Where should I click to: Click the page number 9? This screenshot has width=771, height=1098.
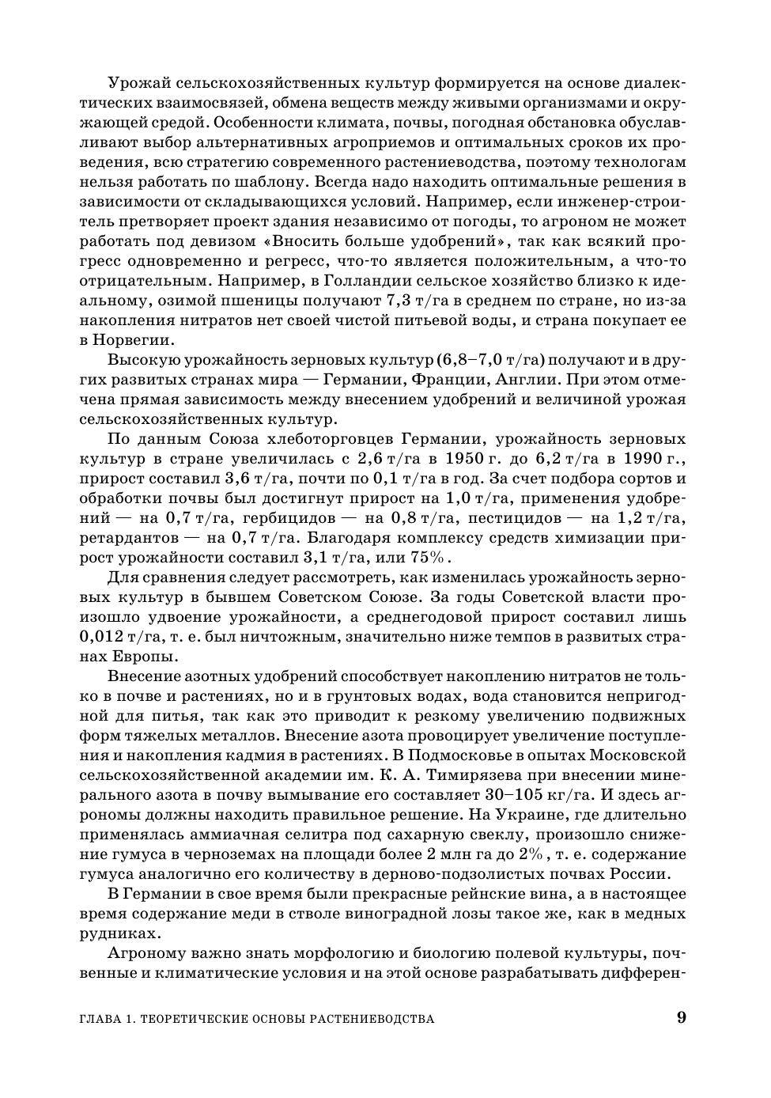(681, 1017)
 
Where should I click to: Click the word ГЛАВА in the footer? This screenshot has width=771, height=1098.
(100, 1019)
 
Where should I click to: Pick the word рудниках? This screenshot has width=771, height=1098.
(112, 933)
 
